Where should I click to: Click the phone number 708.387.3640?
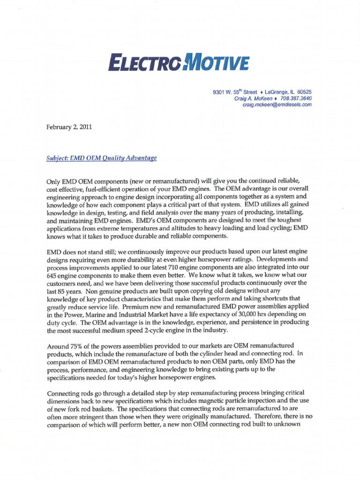pyautogui.click(x=296, y=99)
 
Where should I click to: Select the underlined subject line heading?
pyautogui.click(x=102, y=158)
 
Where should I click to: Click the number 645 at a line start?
pyautogui.click(x=52, y=275)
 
